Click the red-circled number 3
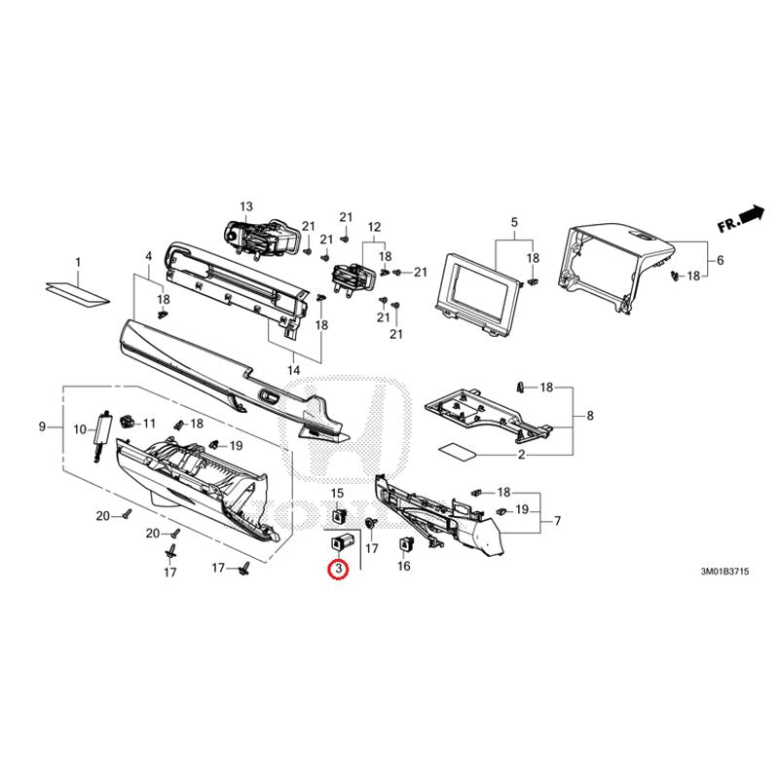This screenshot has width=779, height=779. pyautogui.click(x=338, y=569)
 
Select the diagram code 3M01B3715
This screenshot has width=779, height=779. pyautogui.click(x=724, y=572)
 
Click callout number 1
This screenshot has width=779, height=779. pyautogui.click(x=78, y=261)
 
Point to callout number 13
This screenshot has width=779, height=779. pyautogui.click(x=246, y=206)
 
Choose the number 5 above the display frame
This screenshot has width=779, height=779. pyautogui.click(x=514, y=222)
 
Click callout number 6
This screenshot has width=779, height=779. pyautogui.click(x=720, y=260)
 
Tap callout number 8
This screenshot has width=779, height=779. pyautogui.click(x=590, y=416)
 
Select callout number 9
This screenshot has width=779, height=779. pyautogui.click(x=42, y=427)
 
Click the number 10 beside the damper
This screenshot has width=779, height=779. pyautogui.click(x=80, y=429)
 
